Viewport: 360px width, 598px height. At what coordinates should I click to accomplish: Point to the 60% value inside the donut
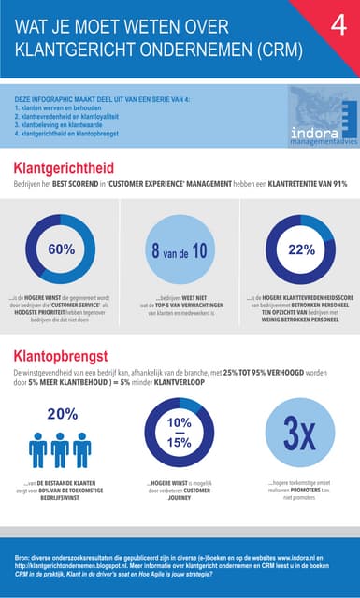click(61, 249)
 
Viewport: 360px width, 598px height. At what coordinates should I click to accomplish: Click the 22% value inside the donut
click(301, 249)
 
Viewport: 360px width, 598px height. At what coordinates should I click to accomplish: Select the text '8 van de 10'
click(180, 250)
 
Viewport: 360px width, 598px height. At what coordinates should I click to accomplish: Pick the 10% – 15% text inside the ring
click(180, 433)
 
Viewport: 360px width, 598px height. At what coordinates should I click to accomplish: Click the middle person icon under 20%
click(60, 449)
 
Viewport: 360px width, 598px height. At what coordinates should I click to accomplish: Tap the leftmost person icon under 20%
click(38, 449)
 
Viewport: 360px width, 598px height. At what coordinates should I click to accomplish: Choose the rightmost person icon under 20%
click(82, 449)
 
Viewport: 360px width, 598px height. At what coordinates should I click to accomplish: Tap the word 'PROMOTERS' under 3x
click(300, 491)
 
